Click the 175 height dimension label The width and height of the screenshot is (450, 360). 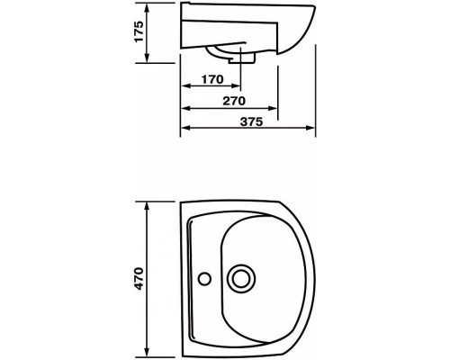point(139,31)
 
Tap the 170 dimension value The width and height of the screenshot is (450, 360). point(212,79)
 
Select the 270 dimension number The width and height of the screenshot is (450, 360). point(234,101)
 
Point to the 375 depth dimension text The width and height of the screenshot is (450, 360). point(251,121)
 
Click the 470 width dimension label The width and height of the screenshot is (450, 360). point(139,278)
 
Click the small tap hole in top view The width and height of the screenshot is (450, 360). point(205,278)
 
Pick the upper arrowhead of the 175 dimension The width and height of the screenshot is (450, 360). point(147,8)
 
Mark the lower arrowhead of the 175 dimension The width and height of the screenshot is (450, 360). point(147,58)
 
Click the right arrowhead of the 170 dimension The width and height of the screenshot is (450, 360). point(236,86)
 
